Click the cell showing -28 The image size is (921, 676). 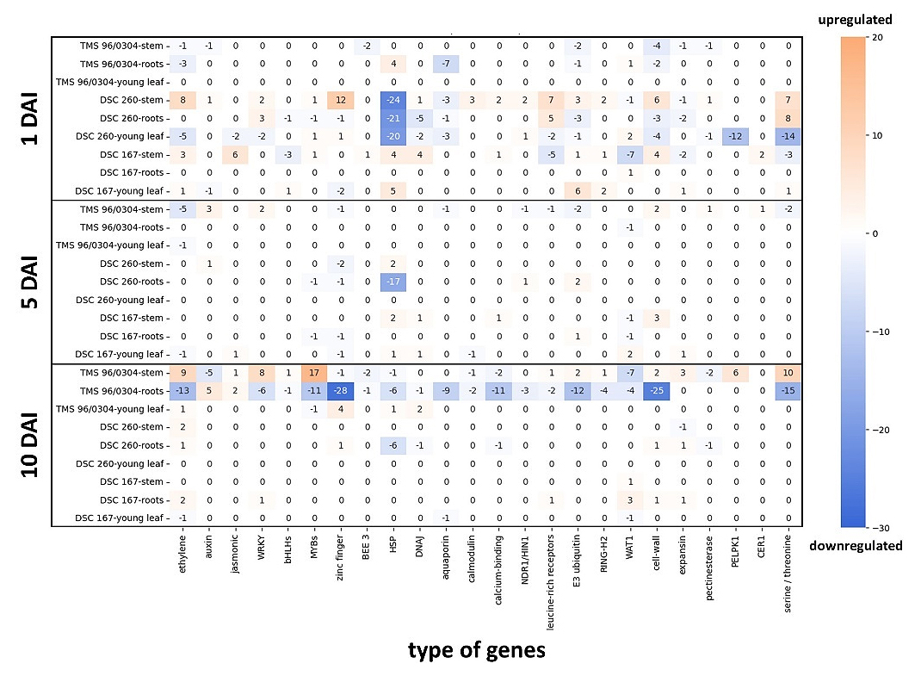coord(342,391)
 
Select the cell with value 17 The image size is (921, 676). coord(316,373)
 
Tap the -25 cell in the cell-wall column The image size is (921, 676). coord(656,391)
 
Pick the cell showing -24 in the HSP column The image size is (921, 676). coord(393,100)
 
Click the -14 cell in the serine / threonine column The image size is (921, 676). coord(788,136)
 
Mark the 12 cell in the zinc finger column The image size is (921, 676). coord(342,100)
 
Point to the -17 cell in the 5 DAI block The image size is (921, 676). coord(393,282)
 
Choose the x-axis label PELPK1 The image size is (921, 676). coord(737,560)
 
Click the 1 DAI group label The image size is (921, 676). coord(28,119)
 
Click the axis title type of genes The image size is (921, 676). coord(476,650)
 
